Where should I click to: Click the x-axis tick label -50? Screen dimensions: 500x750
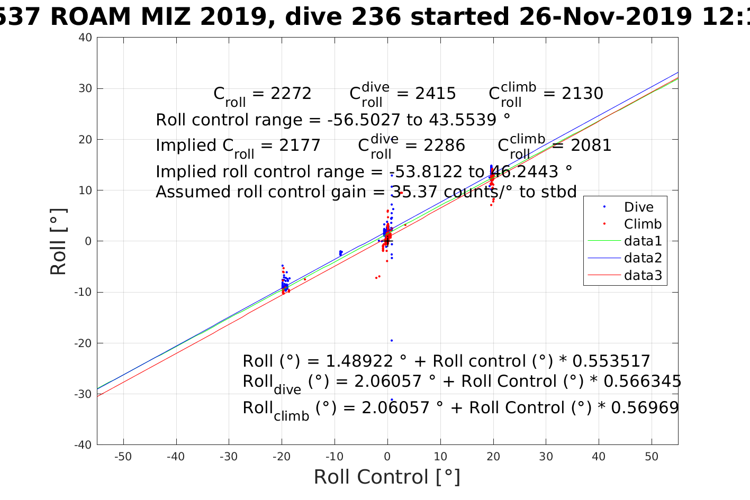pos(123,457)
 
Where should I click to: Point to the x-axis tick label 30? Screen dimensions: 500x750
pos(546,457)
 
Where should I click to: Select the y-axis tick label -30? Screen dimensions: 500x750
pos(83,394)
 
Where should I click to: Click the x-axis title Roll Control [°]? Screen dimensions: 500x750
pos(387,477)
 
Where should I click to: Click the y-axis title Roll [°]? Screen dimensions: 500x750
pos(59,241)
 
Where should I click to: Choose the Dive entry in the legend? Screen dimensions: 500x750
pos(638,207)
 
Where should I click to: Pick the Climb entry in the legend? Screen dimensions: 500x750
pos(643,224)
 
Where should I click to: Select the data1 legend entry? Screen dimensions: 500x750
pos(643,241)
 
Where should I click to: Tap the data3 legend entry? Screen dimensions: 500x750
pos(643,275)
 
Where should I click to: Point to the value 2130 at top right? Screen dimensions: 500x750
pos(582,94)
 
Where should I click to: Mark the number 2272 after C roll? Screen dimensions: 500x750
pos(291,94)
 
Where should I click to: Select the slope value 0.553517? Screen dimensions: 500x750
pos(611,361)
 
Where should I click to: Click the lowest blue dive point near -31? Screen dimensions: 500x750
pos(392,399)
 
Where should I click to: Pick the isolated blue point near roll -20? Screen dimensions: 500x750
pos(392,341)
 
